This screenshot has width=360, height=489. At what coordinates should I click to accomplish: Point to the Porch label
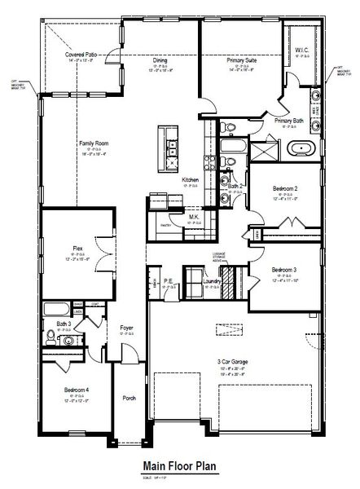pyautogui.click(x=129, y=399)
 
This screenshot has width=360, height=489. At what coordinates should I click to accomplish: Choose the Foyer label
pyautogui.click(x=126, y=328)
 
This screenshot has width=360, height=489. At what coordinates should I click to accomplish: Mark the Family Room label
pyautogui.click(x=94, y=143)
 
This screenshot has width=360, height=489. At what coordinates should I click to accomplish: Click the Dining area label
pyautogui.click(x=161, y=59)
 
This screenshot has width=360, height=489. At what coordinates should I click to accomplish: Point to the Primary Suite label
pyautogui.click(x=240, y=59)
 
